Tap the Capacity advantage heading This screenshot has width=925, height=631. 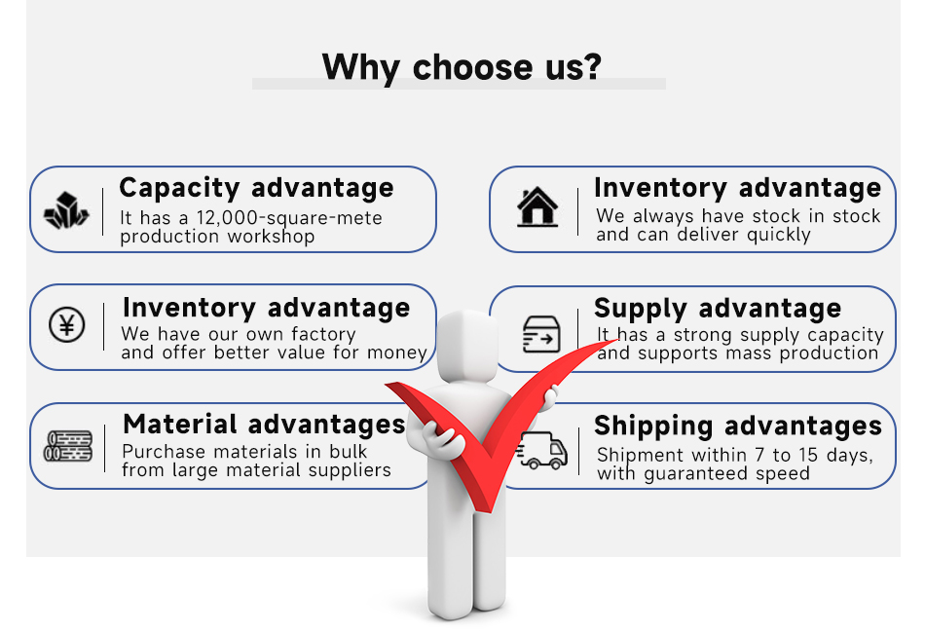[256, 187]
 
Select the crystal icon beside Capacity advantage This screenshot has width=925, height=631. [66, 210]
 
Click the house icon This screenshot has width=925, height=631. [537, 207]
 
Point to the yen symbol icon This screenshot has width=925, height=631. [66, 324]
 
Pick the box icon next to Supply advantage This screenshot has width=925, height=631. [540, 333]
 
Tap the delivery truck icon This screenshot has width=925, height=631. [542, 450]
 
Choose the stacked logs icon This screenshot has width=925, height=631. [68, 446]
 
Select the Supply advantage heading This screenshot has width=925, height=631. [718, 309]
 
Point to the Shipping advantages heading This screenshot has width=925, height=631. [737, 426]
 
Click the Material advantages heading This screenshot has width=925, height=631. [264, 424]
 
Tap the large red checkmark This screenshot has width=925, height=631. [487, 428]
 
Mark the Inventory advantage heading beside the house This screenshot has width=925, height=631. [737, 187]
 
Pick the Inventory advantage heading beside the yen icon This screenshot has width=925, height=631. [266, 308]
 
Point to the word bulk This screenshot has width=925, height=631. [348, 452]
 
